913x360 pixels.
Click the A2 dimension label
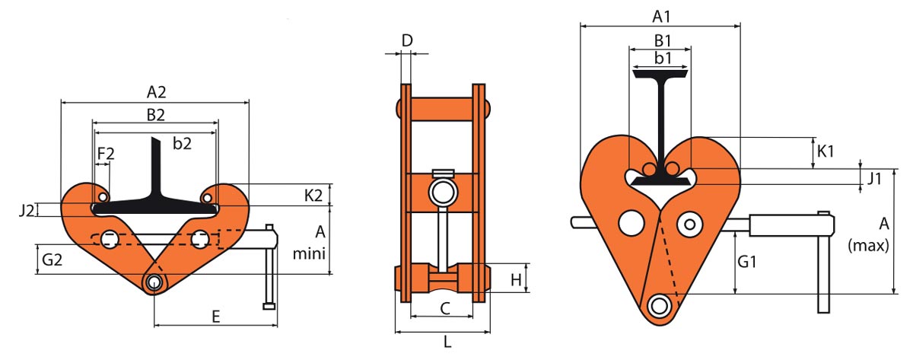156,93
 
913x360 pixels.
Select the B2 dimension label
156,114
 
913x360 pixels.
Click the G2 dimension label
52,259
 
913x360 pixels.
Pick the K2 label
313,195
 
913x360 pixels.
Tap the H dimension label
515,280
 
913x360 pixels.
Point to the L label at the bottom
447,342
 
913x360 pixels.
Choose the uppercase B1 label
662,39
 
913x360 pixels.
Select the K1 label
826,151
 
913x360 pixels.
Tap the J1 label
875,180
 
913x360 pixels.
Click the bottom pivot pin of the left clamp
154,282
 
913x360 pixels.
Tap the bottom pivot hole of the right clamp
658,306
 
